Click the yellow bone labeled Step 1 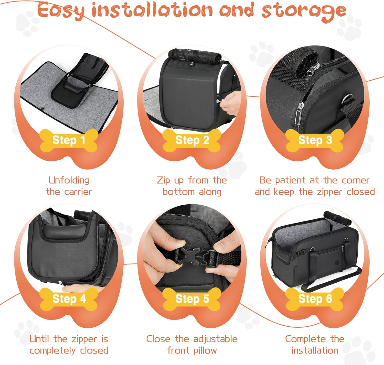(x=69, y=140)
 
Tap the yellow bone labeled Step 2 (x=192, y=140)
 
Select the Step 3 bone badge (x=315, y=140)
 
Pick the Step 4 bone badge (x=69, y=299)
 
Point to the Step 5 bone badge (x=192, y=299)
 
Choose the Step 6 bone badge (x=315, y=299)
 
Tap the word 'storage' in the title (x=304, y=11)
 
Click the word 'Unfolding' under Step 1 (x=69, y=180)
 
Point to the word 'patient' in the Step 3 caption (x=291, y=181)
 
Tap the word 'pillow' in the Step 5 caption (x=205, y=351)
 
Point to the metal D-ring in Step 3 (x=347, y=99)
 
